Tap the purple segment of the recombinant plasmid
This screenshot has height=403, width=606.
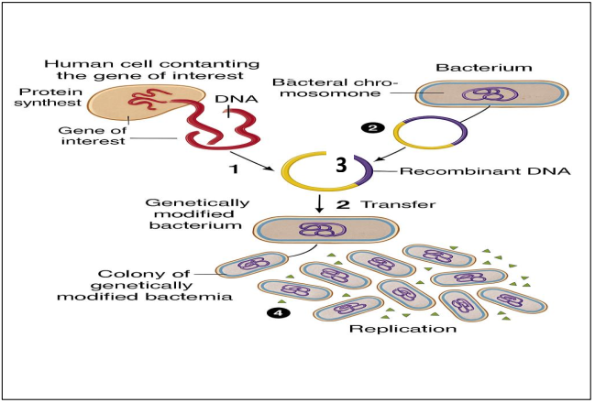tap(363, 170)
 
